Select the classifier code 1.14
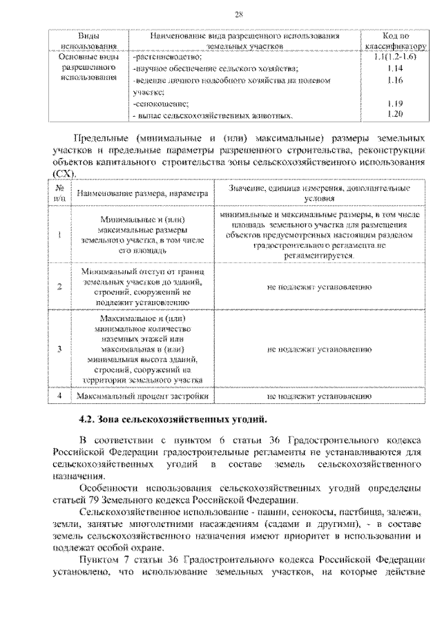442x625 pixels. [396, 70]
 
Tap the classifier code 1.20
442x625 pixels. [396, 113]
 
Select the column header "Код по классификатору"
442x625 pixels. [396, 39]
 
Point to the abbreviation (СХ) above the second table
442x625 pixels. [66, 173]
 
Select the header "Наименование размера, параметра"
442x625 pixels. [142, 194]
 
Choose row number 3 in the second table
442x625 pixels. [60, 349]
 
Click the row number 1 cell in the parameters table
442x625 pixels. [60, 235]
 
